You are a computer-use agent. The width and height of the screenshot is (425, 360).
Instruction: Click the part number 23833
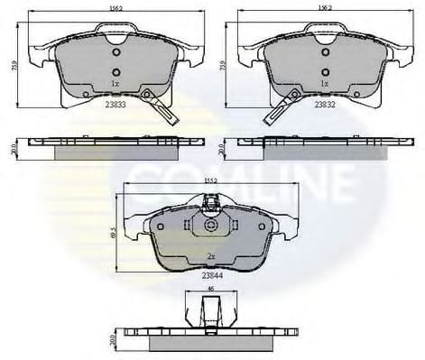point(115,104)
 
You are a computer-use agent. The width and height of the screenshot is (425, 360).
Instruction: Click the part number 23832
point(325,104)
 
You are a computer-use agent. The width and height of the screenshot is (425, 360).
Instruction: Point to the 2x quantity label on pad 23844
point(213,256)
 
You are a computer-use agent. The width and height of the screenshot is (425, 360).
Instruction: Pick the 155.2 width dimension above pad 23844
point(213,180)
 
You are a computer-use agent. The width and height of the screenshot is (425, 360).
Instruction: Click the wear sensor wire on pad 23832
point(275,112)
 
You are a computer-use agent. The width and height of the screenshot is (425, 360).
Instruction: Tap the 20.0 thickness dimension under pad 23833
point(12,148)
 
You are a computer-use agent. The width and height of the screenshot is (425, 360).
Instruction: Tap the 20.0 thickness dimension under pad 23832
point(219,148)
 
